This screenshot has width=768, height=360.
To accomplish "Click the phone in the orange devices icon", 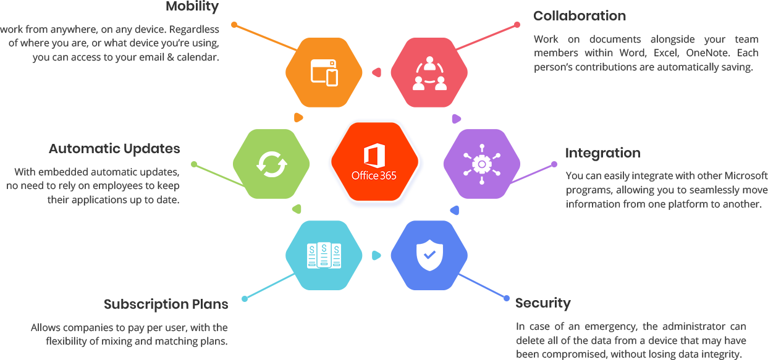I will tap(332, 77).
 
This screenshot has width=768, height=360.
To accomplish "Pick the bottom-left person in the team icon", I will tap(419, 83).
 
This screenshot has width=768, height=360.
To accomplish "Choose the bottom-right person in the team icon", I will tap(440, 83).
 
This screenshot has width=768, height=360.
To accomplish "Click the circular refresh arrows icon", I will tap(272, 164).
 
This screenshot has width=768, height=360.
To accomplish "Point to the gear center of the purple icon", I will tap(481, 164).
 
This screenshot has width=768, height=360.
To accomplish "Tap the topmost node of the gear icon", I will tap(481, 147).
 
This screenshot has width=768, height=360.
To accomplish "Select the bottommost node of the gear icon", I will tap(481, 182).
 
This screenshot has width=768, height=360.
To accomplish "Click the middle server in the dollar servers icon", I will tap(324, 256).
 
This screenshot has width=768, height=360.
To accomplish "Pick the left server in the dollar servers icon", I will tap(313, 256).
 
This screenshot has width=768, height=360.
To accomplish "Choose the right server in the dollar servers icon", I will tap(336, 256).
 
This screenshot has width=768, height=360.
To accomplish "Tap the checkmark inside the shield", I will tap(429, 254).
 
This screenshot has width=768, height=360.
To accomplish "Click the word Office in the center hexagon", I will tap(365, 175).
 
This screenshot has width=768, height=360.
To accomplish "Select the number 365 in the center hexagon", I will tap(388, 175).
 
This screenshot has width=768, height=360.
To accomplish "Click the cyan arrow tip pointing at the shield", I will tap(378, 254).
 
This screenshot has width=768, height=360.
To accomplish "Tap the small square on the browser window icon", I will tap(332, 63).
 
